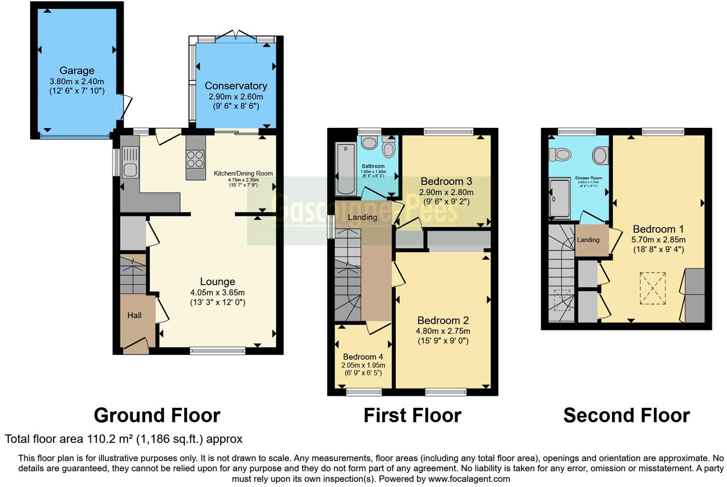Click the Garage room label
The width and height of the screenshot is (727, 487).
77,71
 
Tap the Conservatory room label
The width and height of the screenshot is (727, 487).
236,86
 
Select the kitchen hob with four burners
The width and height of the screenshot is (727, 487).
195,159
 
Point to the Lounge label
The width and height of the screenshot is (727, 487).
217,281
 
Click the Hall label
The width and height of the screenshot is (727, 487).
134,315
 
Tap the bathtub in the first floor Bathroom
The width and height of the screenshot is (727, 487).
346,169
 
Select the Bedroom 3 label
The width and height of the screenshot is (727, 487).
446,181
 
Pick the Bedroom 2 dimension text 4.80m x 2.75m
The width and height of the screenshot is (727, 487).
443,331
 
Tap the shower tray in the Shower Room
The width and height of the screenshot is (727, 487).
560,198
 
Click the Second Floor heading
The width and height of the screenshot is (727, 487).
626,415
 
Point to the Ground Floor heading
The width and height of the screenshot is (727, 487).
157,415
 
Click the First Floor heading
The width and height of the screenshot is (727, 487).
412,415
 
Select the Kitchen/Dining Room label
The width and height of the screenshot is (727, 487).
243,173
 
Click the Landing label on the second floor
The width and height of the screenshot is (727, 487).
588,240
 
